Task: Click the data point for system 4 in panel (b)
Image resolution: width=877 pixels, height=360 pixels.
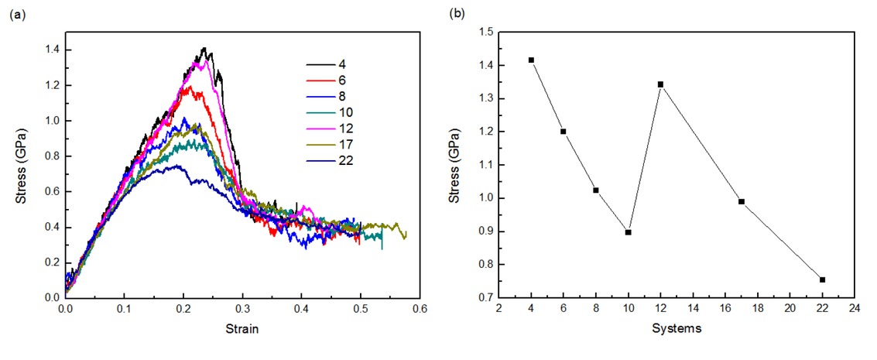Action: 531,60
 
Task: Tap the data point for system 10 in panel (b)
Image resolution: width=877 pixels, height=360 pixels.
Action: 628,232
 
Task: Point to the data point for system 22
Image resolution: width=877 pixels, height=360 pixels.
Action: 822,279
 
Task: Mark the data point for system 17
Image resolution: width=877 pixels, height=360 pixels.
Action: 741,201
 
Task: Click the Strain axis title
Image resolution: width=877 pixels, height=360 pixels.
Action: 243,328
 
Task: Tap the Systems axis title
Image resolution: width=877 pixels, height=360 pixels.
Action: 676,328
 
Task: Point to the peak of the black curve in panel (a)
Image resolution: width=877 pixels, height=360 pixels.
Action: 204,48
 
